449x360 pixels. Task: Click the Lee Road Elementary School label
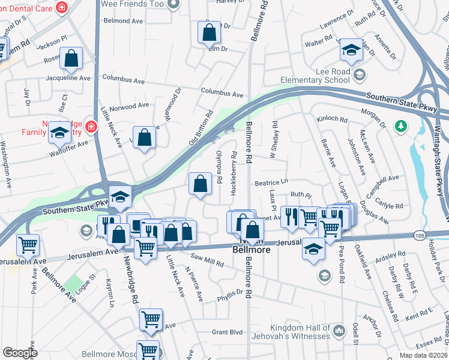(x=316, y=76)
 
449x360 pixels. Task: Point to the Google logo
(x=20, y=353)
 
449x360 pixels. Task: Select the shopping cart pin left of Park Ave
(x=28, y=245)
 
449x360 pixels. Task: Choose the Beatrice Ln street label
(x=272, y=181)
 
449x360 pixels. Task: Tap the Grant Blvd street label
(x=227, y=332)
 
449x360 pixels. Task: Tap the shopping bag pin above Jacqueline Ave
(x=71, y=58)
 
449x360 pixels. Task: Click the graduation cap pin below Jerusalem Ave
(x=313, y=248)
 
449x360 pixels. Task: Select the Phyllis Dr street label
(x=230, y=293)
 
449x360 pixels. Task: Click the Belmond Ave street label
(x=123, y=20)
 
